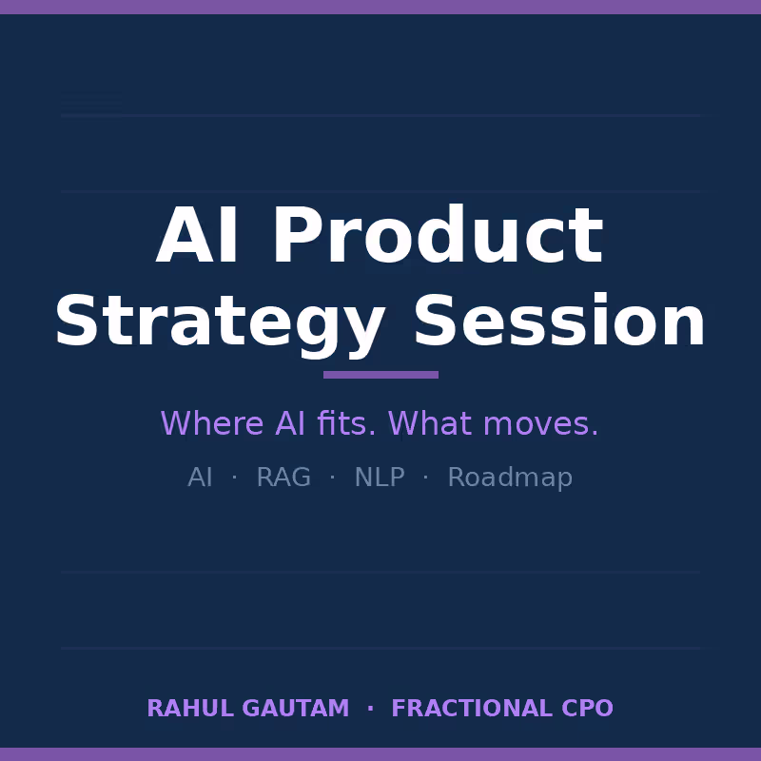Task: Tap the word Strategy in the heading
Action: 220,323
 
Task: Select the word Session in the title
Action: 559,323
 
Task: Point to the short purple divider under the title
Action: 380,375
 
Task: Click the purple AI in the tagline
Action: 290,424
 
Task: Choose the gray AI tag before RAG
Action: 200,478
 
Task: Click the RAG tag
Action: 283,478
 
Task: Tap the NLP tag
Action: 380,478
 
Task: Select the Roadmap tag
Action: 510,478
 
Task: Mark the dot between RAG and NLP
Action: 332,478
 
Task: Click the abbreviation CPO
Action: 587,710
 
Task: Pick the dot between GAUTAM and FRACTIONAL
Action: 370,709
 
